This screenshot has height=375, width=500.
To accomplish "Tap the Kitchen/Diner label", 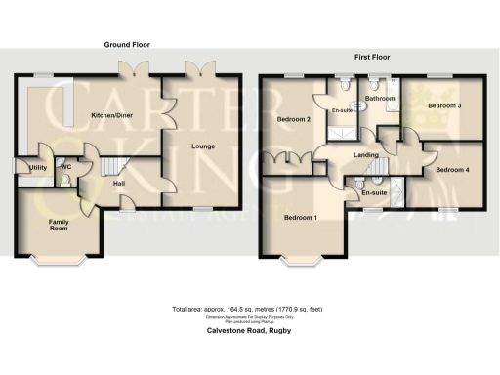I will point(111,115).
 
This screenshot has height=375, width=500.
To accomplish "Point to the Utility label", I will point(39,168).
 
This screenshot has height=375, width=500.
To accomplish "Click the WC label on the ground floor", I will point(66,167).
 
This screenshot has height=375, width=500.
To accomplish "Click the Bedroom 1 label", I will point(300,216).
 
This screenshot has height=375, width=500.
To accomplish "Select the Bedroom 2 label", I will point(293,119).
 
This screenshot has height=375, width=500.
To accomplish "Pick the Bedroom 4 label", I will point(451,170).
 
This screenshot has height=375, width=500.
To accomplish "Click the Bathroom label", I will point(380,99).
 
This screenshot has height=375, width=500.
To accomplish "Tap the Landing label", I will point(366,155).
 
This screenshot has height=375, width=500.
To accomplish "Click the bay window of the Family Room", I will point(59,260).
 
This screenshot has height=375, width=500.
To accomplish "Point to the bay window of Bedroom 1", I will point(305,260).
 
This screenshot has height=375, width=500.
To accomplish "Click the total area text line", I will point(248,310).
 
